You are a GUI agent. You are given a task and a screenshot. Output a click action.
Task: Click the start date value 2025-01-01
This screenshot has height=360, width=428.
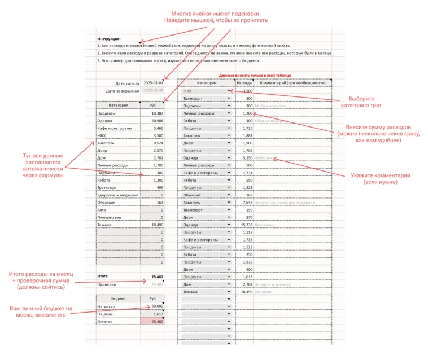click(x=153, y=82)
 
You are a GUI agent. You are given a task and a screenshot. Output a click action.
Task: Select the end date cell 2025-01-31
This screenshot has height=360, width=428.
click(x=153, y=90)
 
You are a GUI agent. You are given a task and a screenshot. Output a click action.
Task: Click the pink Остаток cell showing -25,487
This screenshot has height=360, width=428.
click(x=153, y=321)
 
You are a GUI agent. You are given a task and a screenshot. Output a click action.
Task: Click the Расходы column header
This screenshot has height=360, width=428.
click(x=244, y=82)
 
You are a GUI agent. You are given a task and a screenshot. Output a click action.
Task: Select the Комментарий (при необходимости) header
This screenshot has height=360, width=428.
click(x=292, y=82)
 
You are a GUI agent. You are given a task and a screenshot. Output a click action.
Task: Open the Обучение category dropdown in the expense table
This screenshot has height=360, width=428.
click(x=229, y=195)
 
